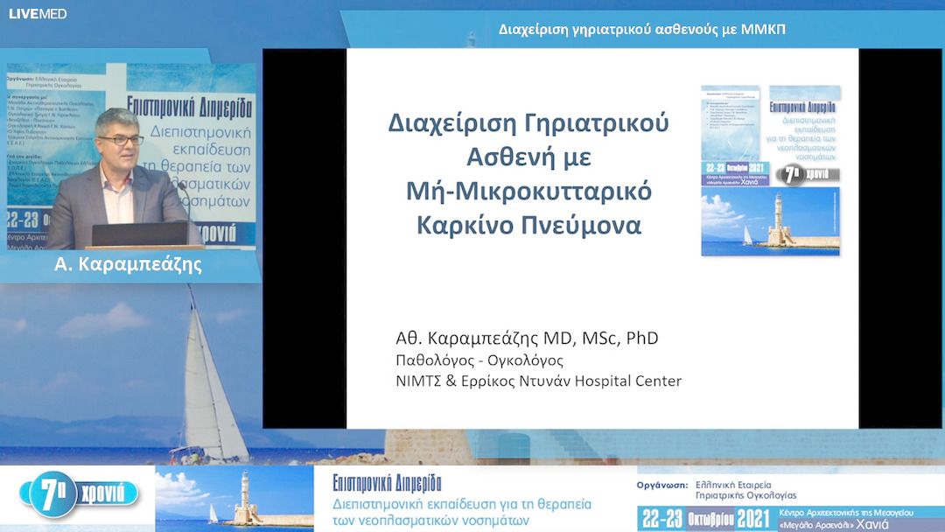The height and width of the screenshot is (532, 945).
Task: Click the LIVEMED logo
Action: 38,14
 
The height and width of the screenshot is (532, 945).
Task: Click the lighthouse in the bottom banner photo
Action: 244,499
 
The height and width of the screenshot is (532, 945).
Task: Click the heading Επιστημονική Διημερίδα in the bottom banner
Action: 387,483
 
